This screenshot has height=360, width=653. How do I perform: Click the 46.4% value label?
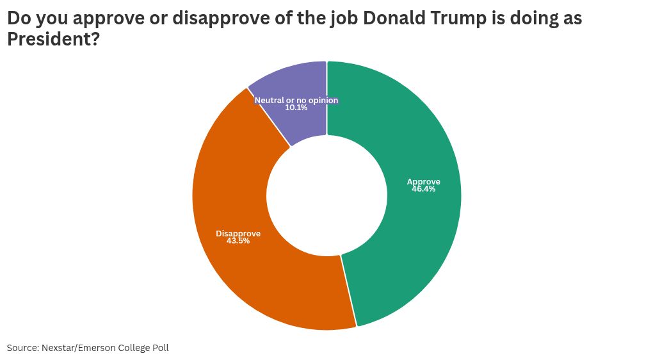tap(424, 190)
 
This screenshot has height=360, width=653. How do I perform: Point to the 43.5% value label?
tap(238, 241)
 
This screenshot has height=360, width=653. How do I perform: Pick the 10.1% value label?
tap(296, 108)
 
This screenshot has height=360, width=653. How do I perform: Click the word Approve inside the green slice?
tap(424, 182)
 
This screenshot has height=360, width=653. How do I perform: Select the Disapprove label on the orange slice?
tap(238, 233)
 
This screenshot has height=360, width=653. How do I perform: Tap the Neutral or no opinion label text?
tap(296, 101)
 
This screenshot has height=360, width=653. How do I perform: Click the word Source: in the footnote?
tap(22, 348)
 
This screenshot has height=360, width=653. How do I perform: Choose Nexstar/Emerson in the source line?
tap(78, 348)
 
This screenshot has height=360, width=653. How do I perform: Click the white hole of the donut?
tap(326, 195)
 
